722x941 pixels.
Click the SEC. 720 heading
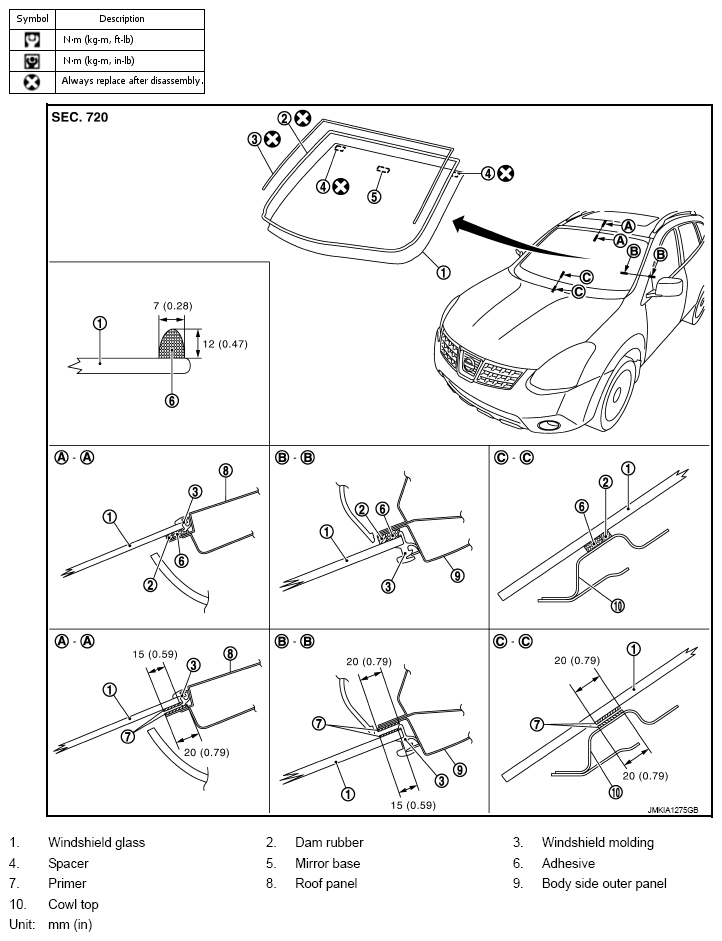pyautogui.click(x=80, y=117)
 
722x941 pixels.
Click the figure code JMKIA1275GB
pyautogui.click(x=673, y=810)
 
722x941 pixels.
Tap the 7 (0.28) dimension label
pyautogui.click(x=173, y=305)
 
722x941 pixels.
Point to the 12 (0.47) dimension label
pyautogui.click(x=224, y=344)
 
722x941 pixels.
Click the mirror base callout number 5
pyautogui.click(x=374, y=196)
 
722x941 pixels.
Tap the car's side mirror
pyautogui.click(x=668, y=287)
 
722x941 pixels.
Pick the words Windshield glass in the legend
pyautogui.click(x=97, y=843)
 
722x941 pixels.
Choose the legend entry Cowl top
pyautogui.click(x=73, y=904)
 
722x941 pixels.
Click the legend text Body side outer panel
pyautogui.click(x=604, y=883)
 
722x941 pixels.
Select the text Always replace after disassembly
pyautogui.click(x=132, y=80)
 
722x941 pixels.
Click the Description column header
pyautogui.click(x=122, y=19)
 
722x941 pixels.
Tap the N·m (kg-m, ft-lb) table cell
pyautogui.click(x=98, y=40)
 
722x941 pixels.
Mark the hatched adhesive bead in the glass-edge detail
pyautogui.click(x=172, y=344)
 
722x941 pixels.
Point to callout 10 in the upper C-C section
pyautogui.click(x=618, y=606)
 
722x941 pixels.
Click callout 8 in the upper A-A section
pyautogui.click(x=226, y=470)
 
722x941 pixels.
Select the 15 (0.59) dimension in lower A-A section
pyautogui.click(x=155, y=654)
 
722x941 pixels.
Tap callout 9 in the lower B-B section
pyautogui.click(x=459, y=769)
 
